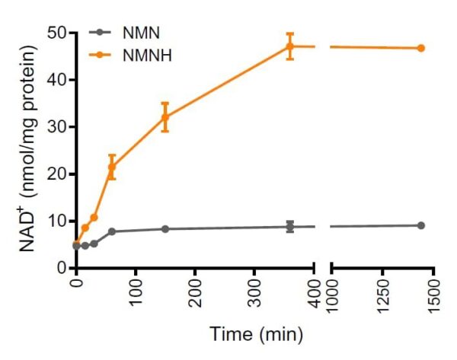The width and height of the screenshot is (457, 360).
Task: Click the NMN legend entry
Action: pyautogui.click(x=138, y=33)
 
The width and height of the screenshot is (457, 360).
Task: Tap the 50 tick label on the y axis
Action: pyautogui.click(x=56, y=33)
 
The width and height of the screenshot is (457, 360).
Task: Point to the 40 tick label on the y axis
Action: pyautogui.click(x=56, y=80)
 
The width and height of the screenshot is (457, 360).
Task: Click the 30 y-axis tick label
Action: pyautogui.click(x=56, y=127)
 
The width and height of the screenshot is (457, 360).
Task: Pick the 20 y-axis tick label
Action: pyautogui.click(x=56, y=174)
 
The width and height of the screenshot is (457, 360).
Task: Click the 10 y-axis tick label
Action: pyautogui.click(x=56, y=221)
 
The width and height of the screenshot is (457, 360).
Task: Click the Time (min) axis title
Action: pyautogui.click(x=256, y=333)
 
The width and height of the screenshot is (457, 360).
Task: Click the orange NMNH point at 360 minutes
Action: pyautogui.click(x=290, y=46)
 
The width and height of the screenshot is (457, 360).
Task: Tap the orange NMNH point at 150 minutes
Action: pyautogui.click(x=165, y=117)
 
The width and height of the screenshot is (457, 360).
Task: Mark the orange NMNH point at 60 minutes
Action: pyautogui.click(x=111, y=167)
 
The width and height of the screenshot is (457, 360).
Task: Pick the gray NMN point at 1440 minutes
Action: pyautogui.click(x=420, y=225)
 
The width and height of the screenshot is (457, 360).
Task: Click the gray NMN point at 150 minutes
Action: pyautogui.click(x=165, y=228)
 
